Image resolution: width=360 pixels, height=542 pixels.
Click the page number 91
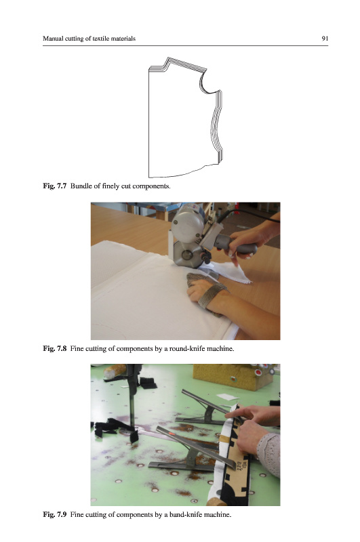click(325, 39)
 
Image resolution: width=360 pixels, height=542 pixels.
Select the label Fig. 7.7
click(54, 186)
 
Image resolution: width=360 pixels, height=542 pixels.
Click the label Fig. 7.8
click(54, 348)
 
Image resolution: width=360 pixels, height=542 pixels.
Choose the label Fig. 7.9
click(54, 514)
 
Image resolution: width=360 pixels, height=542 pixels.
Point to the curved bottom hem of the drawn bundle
click(183, 172)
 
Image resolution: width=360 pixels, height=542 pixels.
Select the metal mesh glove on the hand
click(206, 289)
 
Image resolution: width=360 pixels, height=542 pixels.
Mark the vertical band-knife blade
click(132, 398)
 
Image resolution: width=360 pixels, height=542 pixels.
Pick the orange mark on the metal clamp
click(171, 432)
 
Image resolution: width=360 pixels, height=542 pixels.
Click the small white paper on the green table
click(228, 397)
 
